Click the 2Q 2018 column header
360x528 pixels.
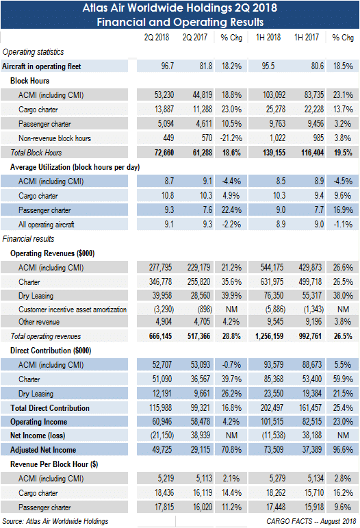[157, 38]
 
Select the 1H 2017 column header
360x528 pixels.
[306, 38]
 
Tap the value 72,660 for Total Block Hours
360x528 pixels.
[164, 153]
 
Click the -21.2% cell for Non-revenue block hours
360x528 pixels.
[231, 138]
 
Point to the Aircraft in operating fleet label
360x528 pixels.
[41, 66]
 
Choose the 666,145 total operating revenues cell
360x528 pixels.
[160, 336]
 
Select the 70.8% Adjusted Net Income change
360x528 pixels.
[231, 449]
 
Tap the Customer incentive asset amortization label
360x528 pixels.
[73, 310]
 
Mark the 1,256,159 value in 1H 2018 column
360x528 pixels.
[269, 336]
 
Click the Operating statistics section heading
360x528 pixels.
[33, 52]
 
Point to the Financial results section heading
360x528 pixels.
[28, 239]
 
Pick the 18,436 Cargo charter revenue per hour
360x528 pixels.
[164, 492]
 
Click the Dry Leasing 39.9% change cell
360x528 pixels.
[231, 295]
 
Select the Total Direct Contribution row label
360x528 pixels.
[50, 408]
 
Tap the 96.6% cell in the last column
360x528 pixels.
[343, 449]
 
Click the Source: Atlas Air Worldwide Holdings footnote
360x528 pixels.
[55, 521]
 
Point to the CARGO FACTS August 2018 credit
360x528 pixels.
[311, 521]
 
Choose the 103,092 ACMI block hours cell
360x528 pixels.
[274, 95]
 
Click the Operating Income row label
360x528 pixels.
[39, 422]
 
